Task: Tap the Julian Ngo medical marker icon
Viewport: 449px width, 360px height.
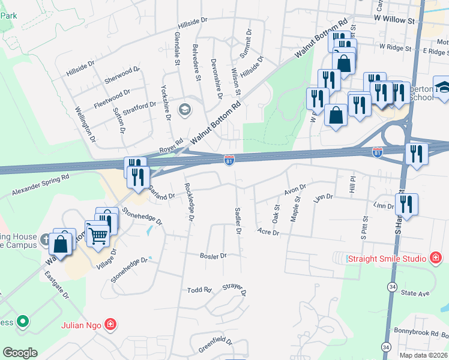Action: (110, 326)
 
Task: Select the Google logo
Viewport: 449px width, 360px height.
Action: (20, 353)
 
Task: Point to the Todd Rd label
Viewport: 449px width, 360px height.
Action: (199, 290)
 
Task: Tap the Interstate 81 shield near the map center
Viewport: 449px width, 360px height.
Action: (229, 160)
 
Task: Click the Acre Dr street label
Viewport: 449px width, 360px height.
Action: (268, 232)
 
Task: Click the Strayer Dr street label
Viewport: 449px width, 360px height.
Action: (235, 290)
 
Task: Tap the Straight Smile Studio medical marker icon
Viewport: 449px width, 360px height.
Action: (436, 259)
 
